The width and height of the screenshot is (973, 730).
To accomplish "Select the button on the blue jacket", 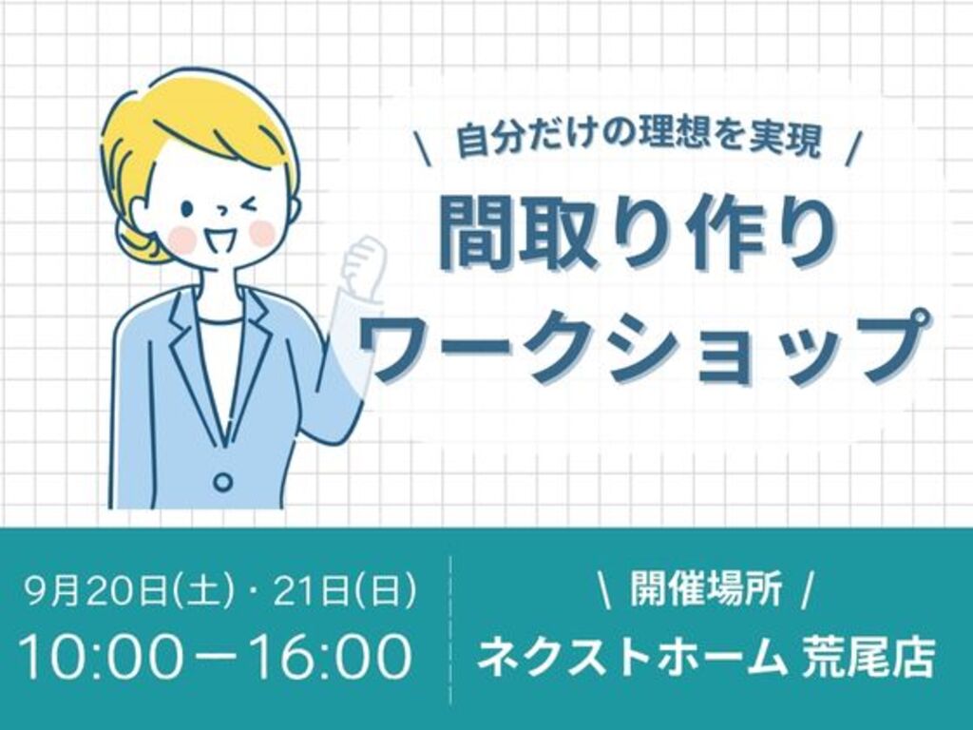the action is coord(222,482).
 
